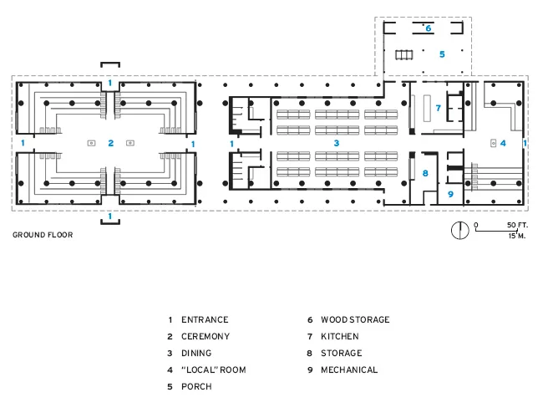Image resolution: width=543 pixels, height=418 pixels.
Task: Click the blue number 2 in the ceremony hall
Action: [x=111, y=143]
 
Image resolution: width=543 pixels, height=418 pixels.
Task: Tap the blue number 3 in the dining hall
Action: [x=337, y=143]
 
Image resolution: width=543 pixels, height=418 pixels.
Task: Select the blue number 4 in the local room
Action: [x=503, y=143]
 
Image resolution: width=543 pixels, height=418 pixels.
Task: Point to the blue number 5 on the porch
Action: [x=442, y=54]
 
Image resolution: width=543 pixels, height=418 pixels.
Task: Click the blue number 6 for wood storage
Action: [x=429, y=28]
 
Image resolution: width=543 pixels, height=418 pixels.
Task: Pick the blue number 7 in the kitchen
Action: [x=439, y=108]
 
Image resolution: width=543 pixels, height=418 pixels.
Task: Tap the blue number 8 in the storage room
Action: [x=425, y=173]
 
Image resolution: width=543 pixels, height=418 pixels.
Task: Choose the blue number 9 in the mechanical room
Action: [x=450, y=194]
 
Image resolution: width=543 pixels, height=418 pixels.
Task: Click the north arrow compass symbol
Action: [x=460, y=230]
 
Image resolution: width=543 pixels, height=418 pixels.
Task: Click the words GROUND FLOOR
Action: [x=43, y=235]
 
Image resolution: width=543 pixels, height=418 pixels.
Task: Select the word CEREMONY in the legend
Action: [x=206, y=337]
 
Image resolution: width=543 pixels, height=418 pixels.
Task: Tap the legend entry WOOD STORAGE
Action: [x=355, y=319]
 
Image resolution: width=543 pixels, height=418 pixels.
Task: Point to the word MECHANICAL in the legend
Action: [x=349, y=370]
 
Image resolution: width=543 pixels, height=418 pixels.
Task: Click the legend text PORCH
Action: [x=196, y=386]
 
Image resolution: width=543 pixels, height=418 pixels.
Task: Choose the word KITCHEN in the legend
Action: [x=340, y=337]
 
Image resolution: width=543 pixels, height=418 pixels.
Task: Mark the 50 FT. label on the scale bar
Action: [x=517, y=225]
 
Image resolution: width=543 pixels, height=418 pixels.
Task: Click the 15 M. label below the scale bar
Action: [x=516, y=236]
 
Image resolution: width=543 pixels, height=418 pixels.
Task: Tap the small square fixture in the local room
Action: [x=494, y=143]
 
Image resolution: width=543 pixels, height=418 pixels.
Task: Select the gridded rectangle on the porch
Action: [x=404, y=55]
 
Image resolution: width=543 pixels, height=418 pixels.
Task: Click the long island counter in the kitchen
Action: [x=427, y=108]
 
